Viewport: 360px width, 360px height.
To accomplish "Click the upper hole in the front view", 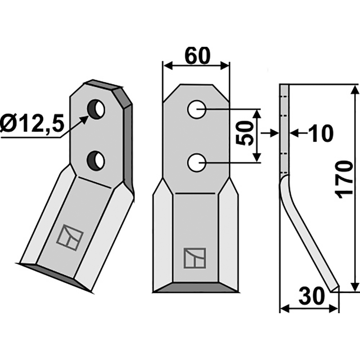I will pyautogui.click(x=197, y=109).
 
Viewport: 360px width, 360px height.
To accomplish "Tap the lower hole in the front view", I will pyautogui.click(x=197, y=162).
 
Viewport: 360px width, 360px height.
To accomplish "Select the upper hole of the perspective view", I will pyautogui.click(x=96, y=109).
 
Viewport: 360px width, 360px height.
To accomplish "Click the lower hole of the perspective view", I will pyautogui.click(x=96, y=160).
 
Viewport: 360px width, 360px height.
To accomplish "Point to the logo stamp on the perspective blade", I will pyautogui.click(x=70, y=237).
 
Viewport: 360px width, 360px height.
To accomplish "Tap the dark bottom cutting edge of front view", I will pyautogui.click(x=196, y=288).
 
